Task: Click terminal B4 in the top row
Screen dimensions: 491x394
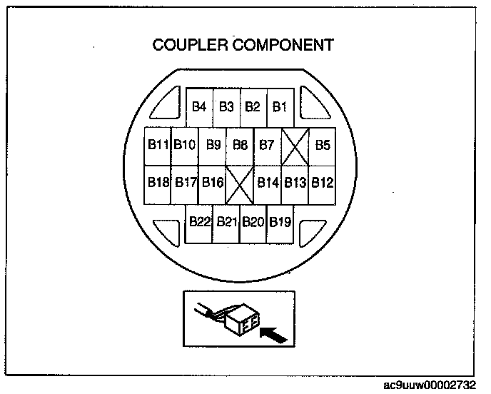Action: tap(200, 107)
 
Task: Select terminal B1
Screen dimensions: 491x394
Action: tap(280, 107)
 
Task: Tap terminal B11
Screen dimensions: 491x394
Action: tap(158, 145)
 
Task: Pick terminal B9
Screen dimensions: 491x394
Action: tap(213, 145)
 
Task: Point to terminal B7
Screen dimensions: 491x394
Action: tap(267, 145)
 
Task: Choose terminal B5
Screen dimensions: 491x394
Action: tap(323, 145)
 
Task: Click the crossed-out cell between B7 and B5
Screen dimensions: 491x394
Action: tap(295, 146)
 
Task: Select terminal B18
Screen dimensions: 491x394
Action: tap(158, 183)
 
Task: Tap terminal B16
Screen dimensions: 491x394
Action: tap(212, 183)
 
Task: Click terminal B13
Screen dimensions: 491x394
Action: tap(295, 183)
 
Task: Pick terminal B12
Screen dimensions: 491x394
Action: tap(323, 183)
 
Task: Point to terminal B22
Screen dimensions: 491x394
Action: tap(200, 222)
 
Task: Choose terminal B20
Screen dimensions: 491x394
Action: tap(253, 222)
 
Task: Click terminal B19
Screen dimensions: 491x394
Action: tap(280, 222)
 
